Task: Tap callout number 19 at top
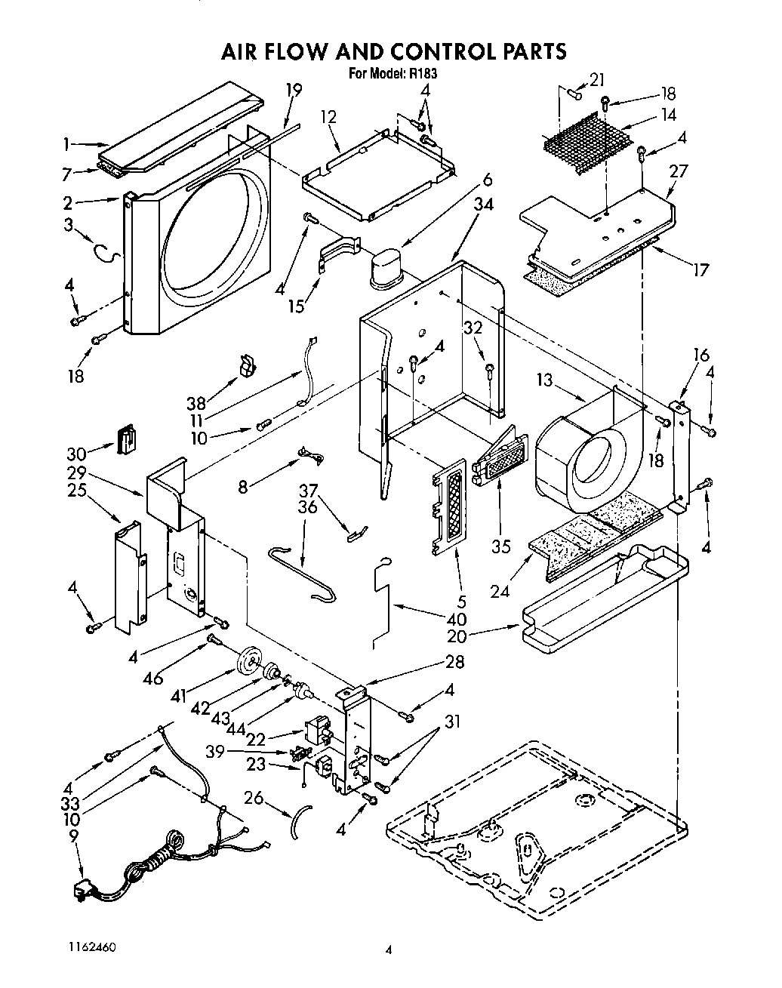tap(294, 90)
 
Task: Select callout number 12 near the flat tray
tap(328, 117)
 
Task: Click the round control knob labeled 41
tap(247, 663)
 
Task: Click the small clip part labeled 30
tap(128, 439)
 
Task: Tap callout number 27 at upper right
tap(679, 171)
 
